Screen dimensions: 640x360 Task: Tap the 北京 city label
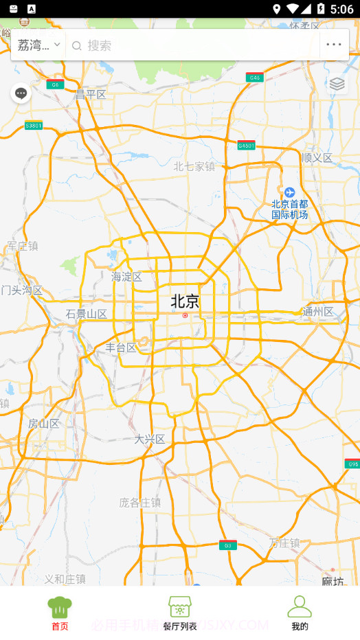(x=185, y=301)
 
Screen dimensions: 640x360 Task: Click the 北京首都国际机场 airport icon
(x=289, y=192)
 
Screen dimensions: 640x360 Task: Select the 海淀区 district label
(x=126, y=277)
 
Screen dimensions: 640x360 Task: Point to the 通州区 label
(x=318, y=312)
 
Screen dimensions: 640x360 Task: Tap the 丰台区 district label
(x=121, y=347)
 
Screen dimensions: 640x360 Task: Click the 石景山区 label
(x=87, y=315)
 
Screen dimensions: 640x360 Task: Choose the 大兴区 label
(x=150, y=439)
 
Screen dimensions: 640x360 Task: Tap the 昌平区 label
(x=91, y=94)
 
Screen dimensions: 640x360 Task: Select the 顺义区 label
(x=317, y=158)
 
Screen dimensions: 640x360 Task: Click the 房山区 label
(x=43, y=423)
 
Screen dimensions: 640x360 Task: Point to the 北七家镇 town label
(x=194, y=166)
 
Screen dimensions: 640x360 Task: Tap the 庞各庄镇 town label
(x=140, y=502)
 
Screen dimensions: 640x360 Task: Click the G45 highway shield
(x=255, y=78)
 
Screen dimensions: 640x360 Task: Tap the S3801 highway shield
(x=34, y=126)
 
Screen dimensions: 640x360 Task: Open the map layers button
(x=337, y=84)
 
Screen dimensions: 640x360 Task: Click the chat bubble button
(x=21, y=93)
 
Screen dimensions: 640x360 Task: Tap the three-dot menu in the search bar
(x=334, y=45)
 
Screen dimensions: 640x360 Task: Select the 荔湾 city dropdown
(x=38, y=45)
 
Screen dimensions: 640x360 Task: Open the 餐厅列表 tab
(x=180, y=613)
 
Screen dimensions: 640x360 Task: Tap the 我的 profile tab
(x=300, y=613)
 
